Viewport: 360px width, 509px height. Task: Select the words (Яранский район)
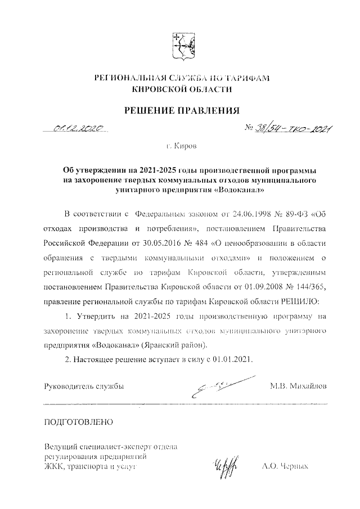click(x=175, y=344)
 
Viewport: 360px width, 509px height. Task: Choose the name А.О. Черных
click(x=285, y=466)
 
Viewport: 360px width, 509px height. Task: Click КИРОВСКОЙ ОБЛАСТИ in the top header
click(x=181, y=89)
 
